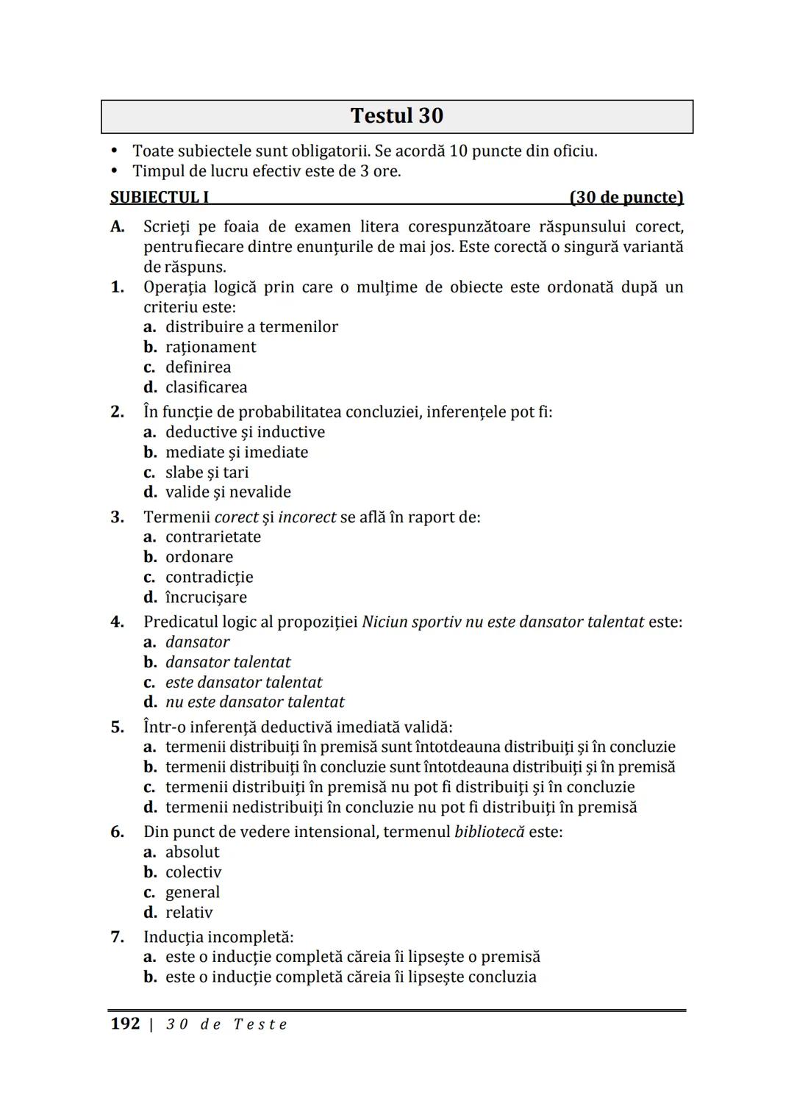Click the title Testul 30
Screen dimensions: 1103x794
pyautogui.click(x=397, y=116)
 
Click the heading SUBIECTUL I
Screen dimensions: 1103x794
pyautogui.click(x=160, y=198)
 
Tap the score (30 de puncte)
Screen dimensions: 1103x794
pyautogui.click(x=626, y=198)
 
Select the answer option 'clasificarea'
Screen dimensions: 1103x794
pyautogui.click(x=206, y=387)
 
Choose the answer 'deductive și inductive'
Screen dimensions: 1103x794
pyautogui.click(x=245, y=432)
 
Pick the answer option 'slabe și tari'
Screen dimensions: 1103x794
pyautogui.click(x=207, y=473)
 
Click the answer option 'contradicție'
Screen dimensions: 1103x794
pyautogui.click(x=209, y=578)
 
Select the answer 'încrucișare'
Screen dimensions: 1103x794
pyautogui.click(x=206, y=597)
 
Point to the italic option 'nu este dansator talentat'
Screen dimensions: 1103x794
pyautogui.click(x=254, y=703)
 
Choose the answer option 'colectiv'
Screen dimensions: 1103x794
pyautogui.click(x=193, y=872)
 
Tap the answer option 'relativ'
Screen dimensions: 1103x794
pyautogui.click(x=189, y=913)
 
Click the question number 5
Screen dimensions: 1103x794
pyautogui.click(x=118, y=727)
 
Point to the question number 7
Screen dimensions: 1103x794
pyautogui.click(x=118, y=938)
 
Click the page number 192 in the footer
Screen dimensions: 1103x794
pyautogui.click(x=125, y=1024)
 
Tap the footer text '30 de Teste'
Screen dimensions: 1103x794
pyautogui.click(x=226, y=1024)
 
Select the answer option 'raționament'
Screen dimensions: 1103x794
pyautogui.click(x=210, y=348)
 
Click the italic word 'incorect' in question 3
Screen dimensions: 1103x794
pyautogui.click(x=307, y=517)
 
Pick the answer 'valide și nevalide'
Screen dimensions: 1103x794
pyautogui.click(x=228, y=492)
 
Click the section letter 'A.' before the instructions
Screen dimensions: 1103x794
pyautogui.click(x=118, y=227)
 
